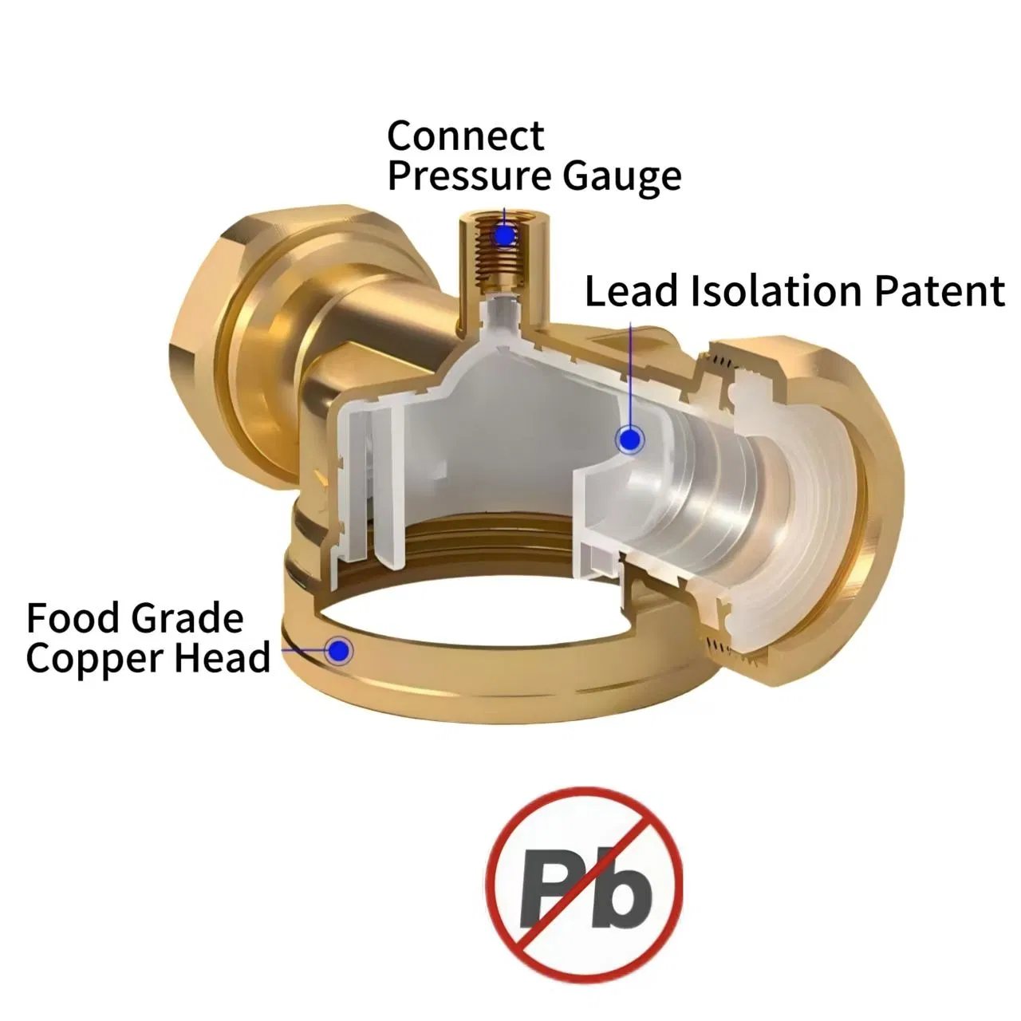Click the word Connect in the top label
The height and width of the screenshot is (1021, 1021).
tap(466, 136)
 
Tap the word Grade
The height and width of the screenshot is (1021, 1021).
tap(187, 618)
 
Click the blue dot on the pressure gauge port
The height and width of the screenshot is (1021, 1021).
tap(504, 235)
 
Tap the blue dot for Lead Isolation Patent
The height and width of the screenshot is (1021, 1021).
tap(629, 440)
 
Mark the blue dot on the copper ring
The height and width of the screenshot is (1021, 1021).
tap(338, 650)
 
